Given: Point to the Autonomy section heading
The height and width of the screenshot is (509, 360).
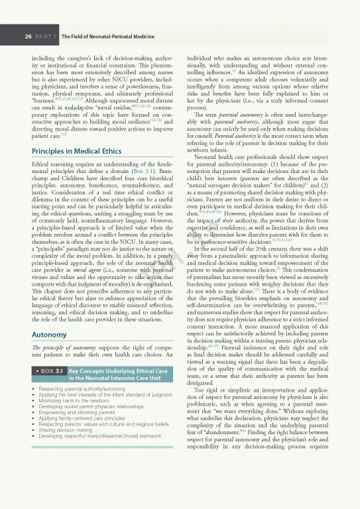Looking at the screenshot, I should [50, 335].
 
